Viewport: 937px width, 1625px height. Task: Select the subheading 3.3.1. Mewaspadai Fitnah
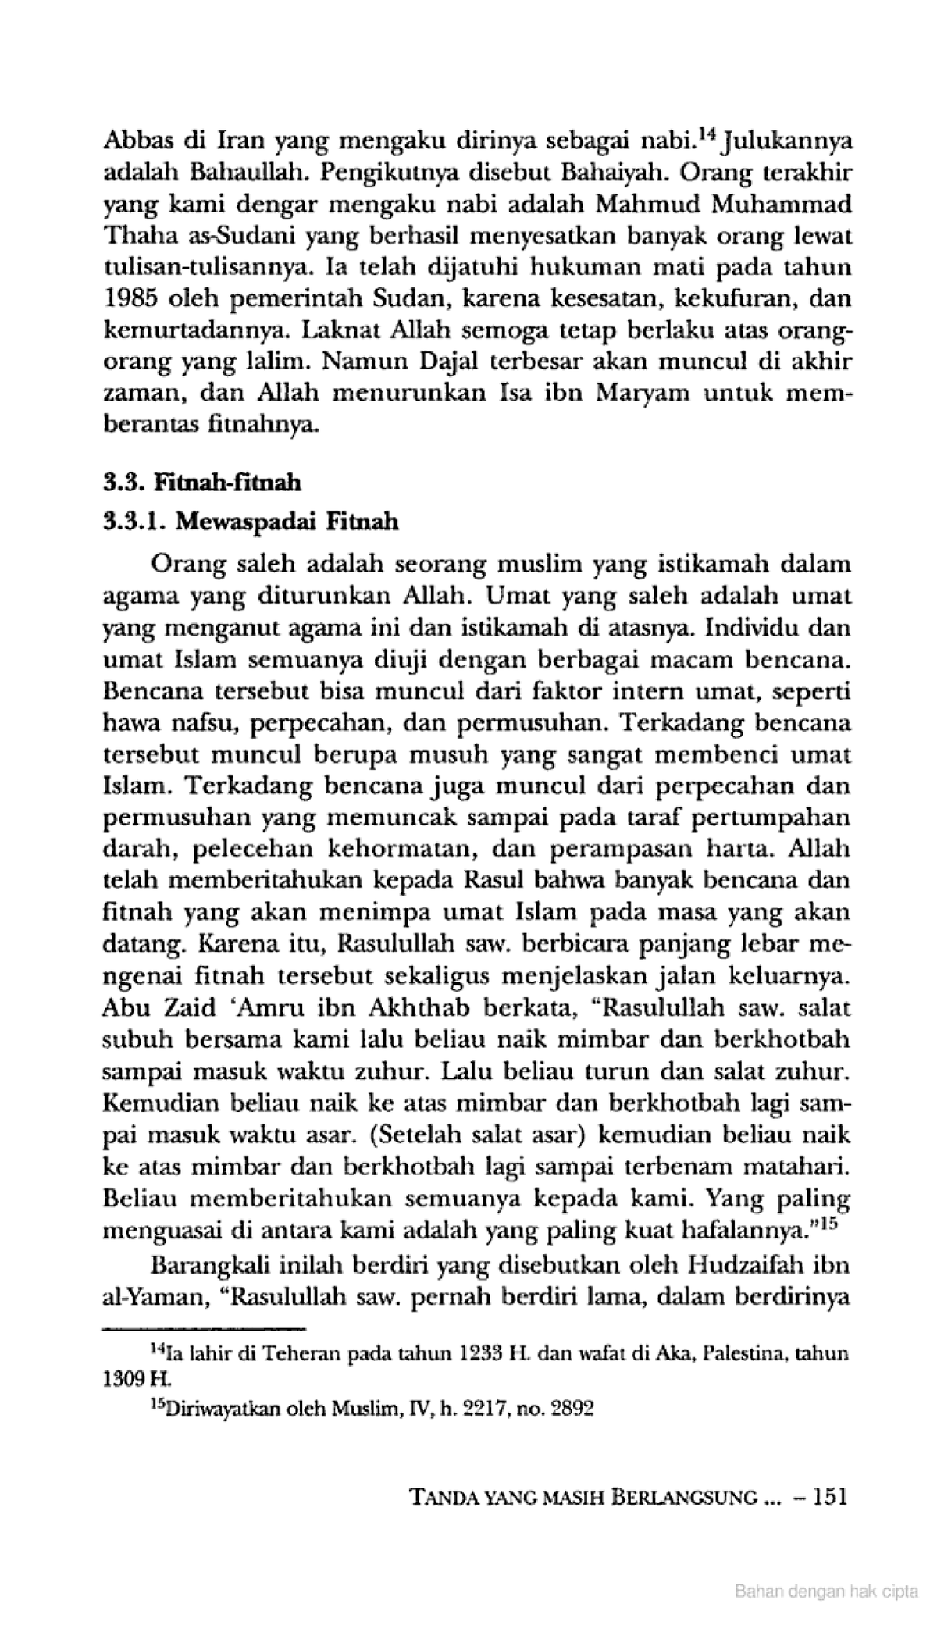coord(251,521)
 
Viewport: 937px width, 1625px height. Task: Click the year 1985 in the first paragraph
coord(130,298)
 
